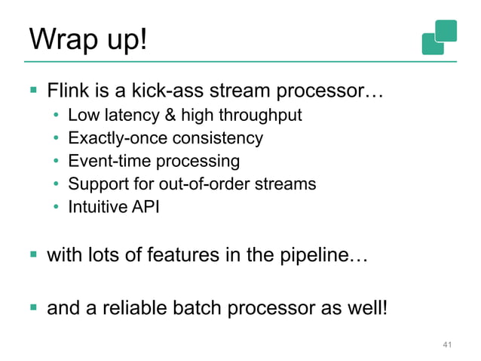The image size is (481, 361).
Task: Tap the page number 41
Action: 447,345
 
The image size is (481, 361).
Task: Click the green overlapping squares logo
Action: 440,36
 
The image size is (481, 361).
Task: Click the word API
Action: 145,205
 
